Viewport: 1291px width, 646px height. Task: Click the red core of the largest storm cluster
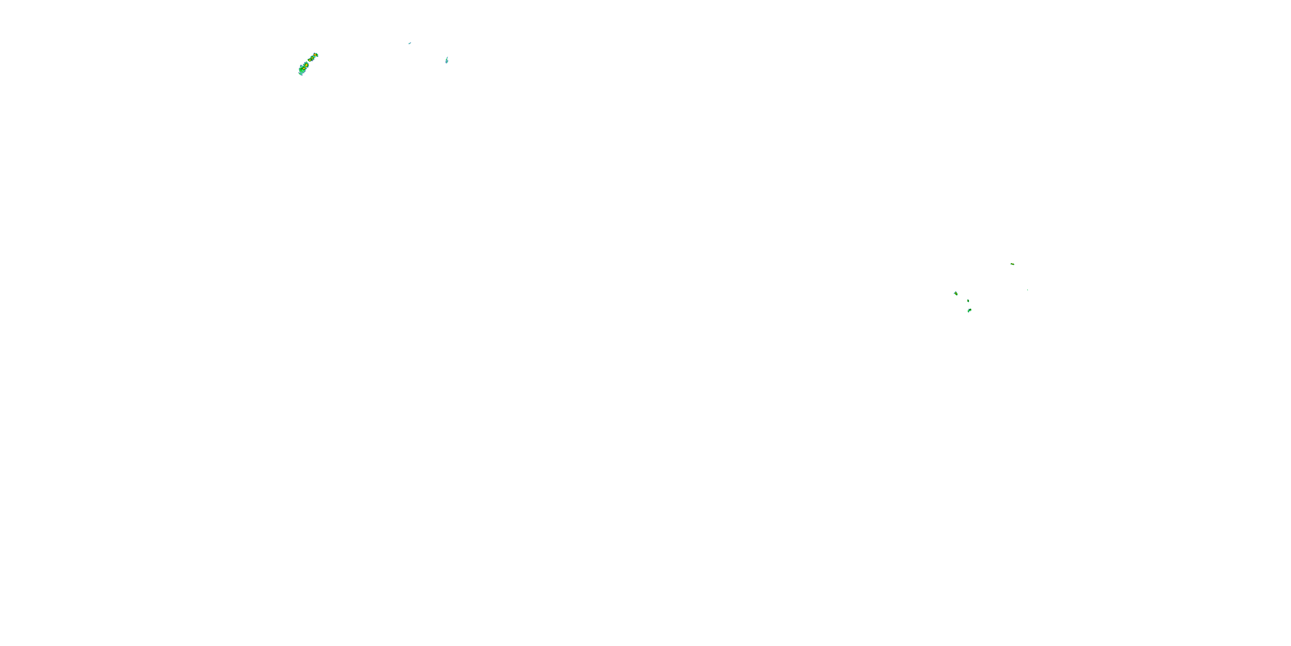[315, 55]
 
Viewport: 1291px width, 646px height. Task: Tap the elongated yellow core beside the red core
[312, 58]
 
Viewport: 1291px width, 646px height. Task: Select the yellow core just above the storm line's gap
[310, 60]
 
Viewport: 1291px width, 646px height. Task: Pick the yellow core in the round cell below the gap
[306, 65]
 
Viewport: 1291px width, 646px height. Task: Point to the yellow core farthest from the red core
[304, 69]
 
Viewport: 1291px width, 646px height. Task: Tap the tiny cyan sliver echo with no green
[409, 43]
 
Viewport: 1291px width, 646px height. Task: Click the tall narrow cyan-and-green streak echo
[447, 60]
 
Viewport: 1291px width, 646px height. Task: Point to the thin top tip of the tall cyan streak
[447, 57]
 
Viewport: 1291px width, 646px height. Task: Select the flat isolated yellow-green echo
[1012, 264]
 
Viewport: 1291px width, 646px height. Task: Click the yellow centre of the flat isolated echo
[1012, 264]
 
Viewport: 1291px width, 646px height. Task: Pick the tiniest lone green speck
[1027, 290]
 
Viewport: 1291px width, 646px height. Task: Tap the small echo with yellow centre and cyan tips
[956, 293]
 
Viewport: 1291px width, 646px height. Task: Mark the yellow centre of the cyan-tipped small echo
[956, 293]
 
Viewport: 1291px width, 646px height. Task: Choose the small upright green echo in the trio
[968, 301]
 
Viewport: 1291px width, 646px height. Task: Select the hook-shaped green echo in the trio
[970, 311]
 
